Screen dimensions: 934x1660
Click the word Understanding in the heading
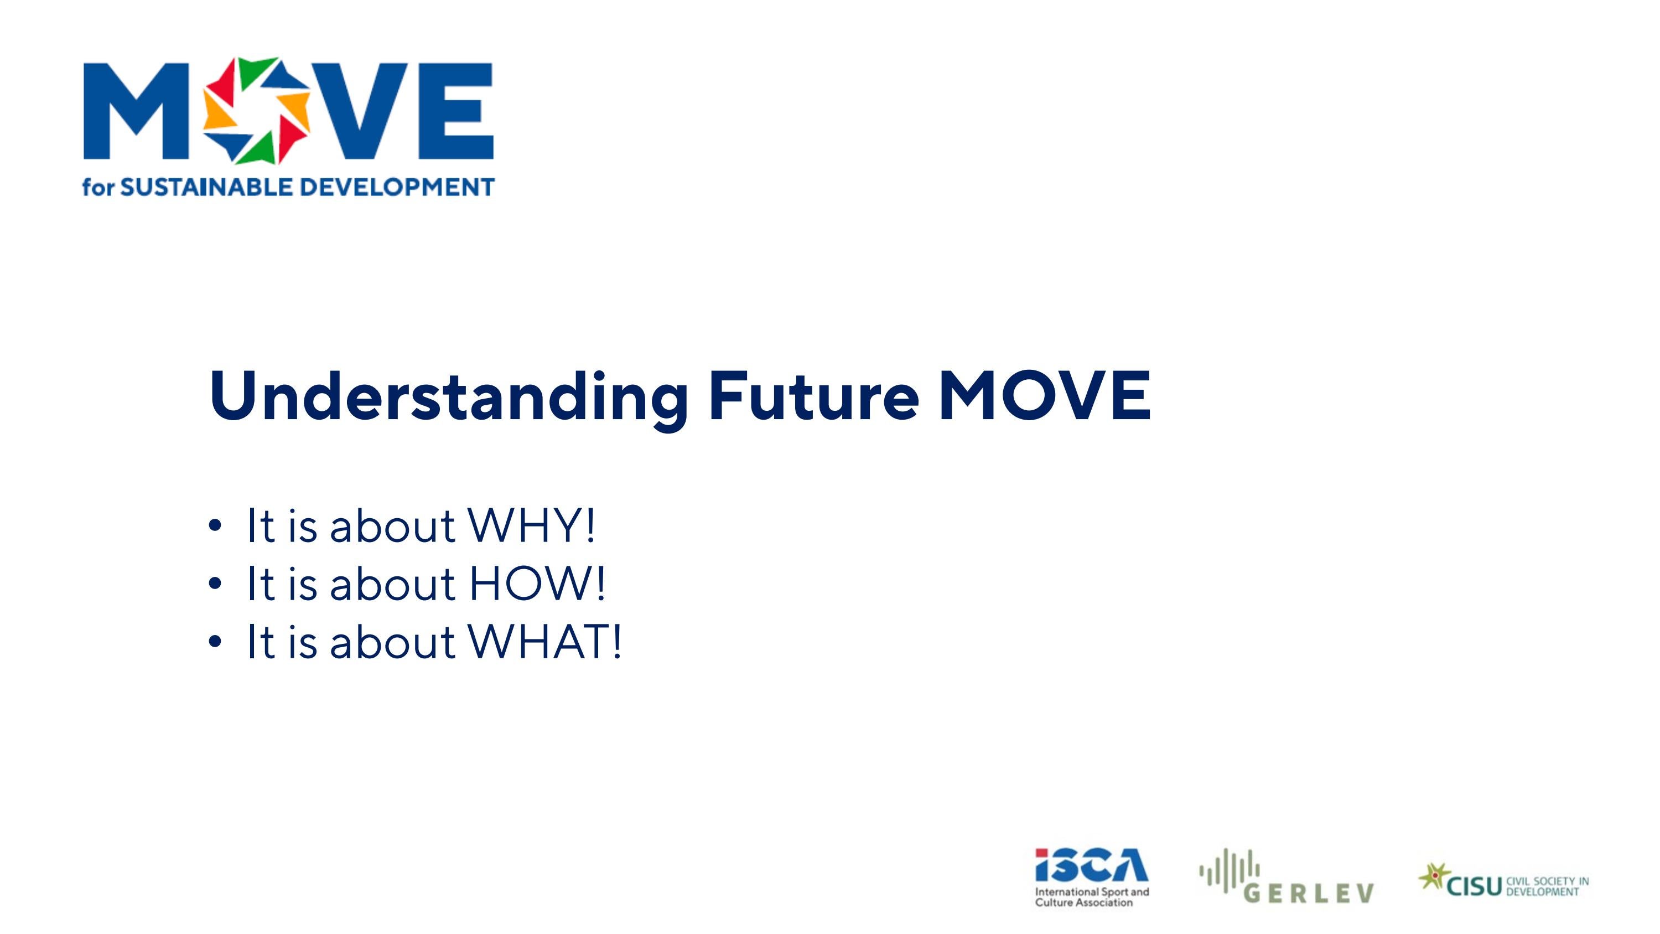(448, 396)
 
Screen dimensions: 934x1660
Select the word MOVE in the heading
(1044, 396)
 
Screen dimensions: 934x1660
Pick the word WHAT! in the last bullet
(545, 642)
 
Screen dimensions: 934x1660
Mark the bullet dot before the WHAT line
(215, 643)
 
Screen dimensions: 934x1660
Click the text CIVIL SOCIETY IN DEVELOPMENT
(1547, 886)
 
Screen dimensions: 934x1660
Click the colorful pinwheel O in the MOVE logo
(257, 110)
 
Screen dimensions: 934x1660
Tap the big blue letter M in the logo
(137, 111)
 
